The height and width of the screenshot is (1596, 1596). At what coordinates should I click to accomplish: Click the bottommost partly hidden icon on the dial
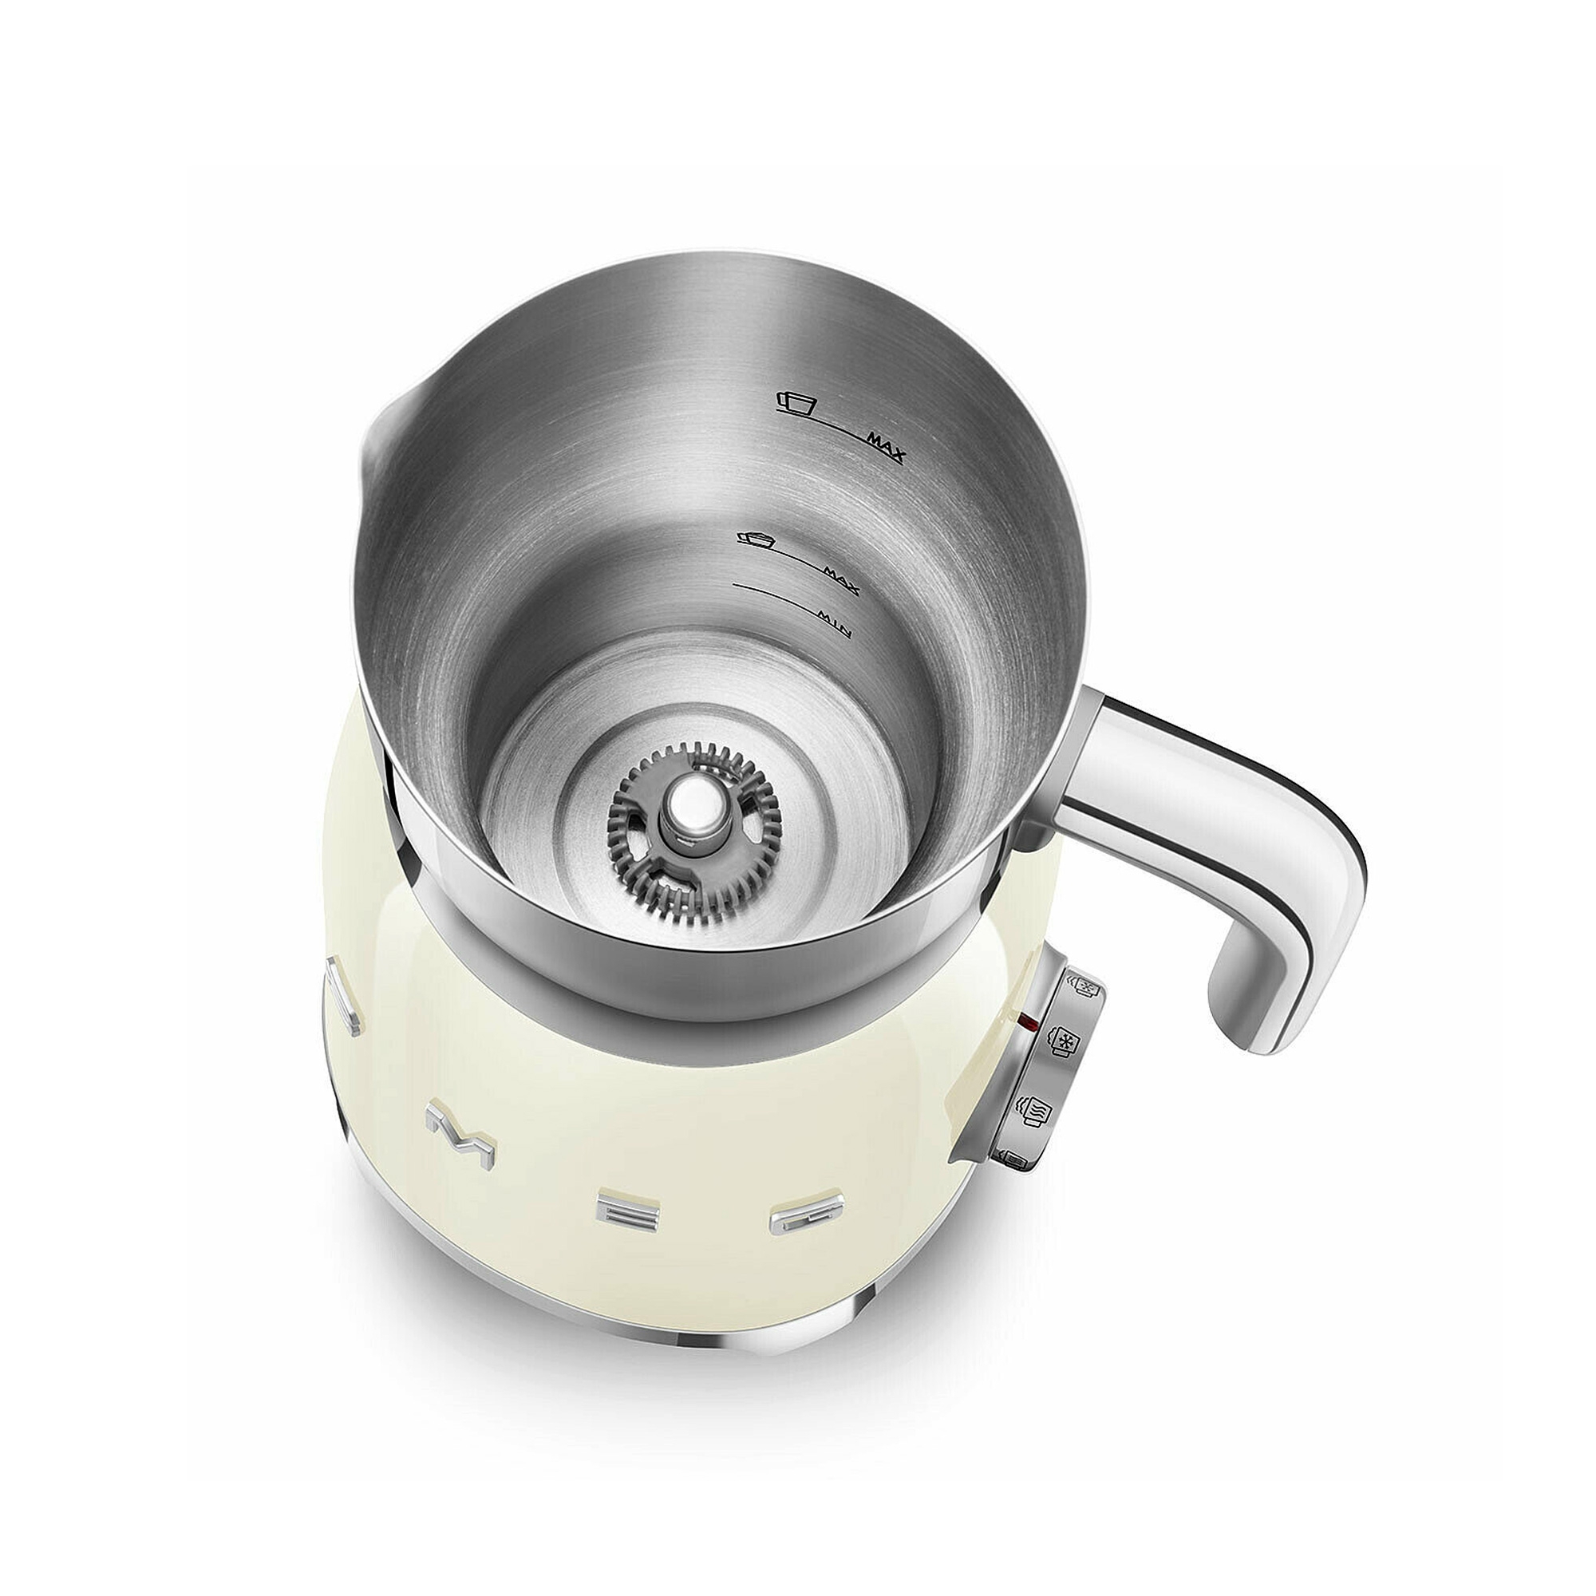1015,1161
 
